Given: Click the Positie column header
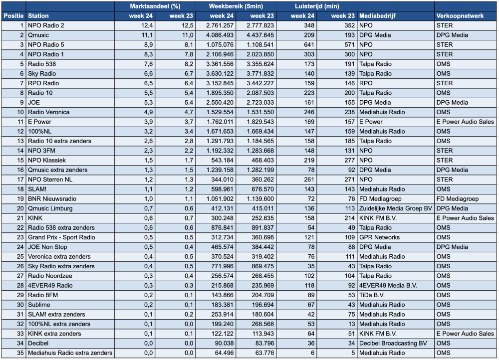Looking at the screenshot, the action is coord(13,16).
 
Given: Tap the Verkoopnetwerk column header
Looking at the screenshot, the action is coord(460,16).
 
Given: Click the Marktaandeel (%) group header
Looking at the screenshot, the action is coord(155,6).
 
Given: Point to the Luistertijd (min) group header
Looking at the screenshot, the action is coord(317,6).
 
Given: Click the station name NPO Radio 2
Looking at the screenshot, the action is coord(46,25).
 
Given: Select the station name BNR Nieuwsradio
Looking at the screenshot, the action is coord(52,199).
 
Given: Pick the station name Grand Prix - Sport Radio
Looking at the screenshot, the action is coord(61,237).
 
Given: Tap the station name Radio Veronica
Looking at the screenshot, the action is coord(49,112).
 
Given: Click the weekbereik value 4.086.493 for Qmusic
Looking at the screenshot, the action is coord(220,35).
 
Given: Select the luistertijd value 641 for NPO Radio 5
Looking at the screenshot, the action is coord(309,45).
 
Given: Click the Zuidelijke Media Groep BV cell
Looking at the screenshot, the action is coord(396,208).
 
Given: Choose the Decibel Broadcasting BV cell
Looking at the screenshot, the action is coord(393,344).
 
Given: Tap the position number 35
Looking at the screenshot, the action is coord(20,353).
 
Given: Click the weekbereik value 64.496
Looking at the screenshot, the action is coord(222,353).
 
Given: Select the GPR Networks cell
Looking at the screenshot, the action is coord(379,237).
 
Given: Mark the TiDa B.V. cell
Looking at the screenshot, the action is coord(372,295).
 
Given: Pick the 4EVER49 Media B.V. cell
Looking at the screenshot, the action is coord(388,286).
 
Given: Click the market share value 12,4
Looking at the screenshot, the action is coord(147,25).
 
